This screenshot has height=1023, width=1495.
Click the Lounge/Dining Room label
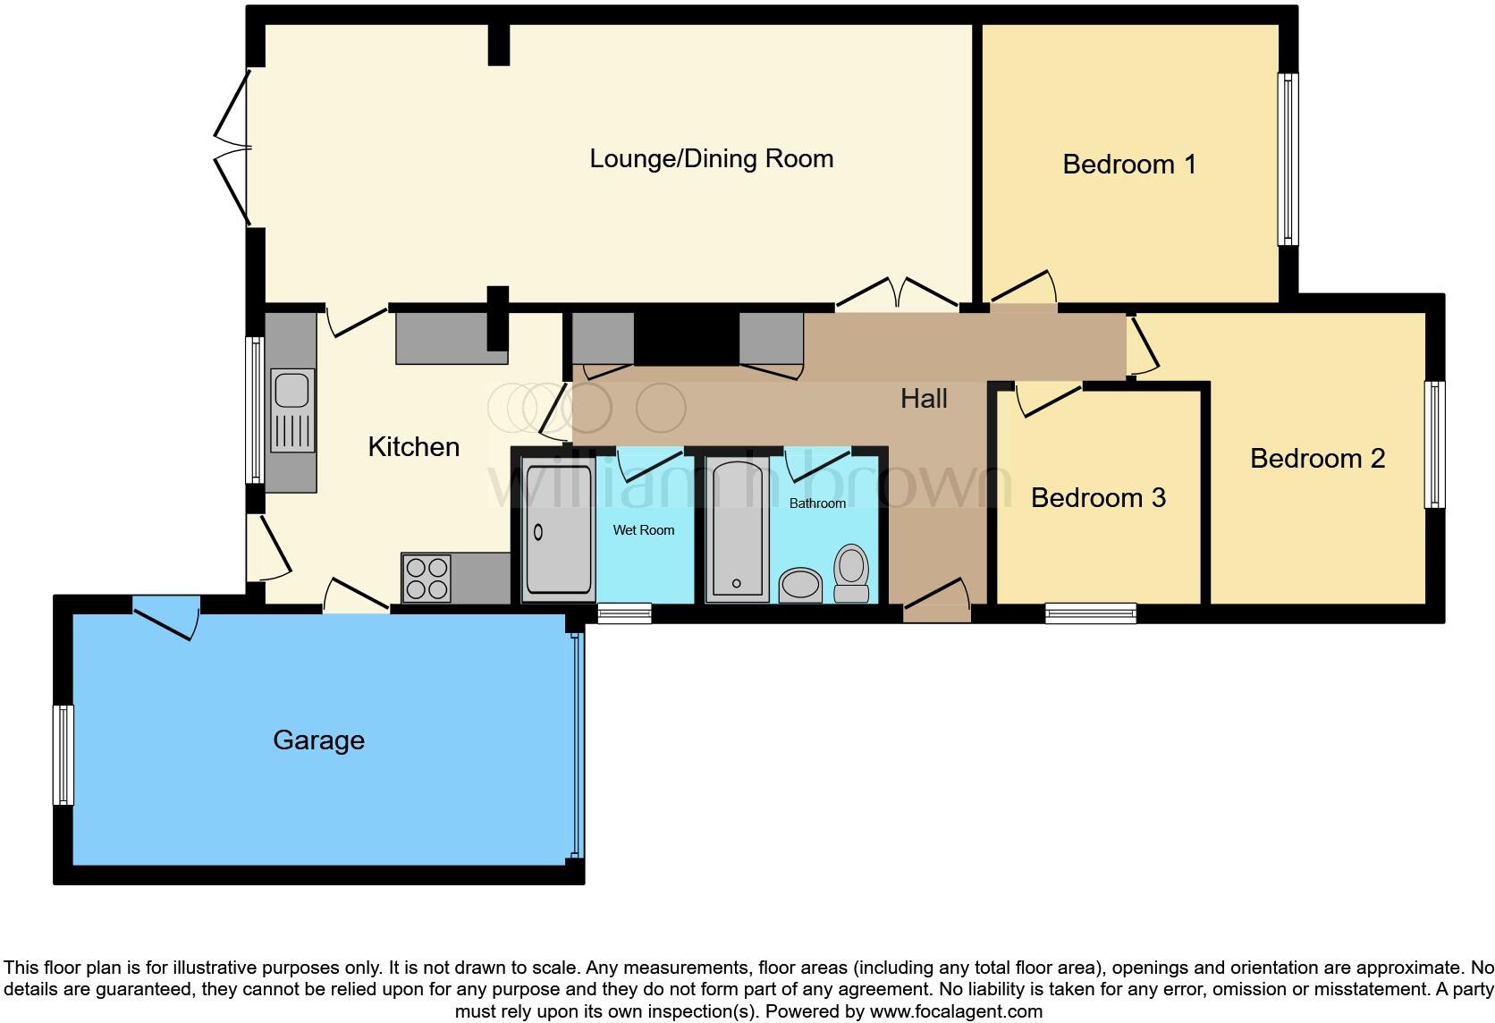click(711, 159)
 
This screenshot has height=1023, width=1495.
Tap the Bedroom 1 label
click(1128, 165)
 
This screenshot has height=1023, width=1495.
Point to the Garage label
click(318, 740)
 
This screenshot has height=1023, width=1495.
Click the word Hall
click(924, 399)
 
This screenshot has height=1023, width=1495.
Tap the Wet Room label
click(643, 530)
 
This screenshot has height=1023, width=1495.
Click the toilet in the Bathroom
click(851, 573)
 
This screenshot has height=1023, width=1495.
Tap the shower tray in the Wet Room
click(559, 530)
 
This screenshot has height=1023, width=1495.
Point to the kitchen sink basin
click(291, 391)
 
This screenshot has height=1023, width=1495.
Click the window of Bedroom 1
click(1288, 159)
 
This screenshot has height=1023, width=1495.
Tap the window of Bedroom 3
click(1091, 613)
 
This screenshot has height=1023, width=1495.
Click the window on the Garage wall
click(63, 755)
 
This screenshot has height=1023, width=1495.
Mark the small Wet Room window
click(624, 613)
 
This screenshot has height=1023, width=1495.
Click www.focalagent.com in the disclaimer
click(955, 1012)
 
